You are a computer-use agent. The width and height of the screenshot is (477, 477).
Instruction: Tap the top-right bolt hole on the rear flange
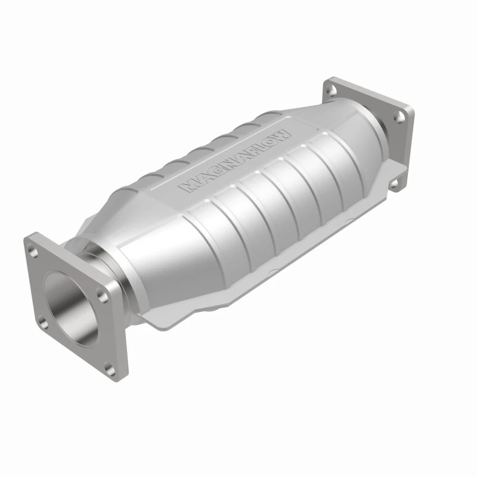[x=399, y=117]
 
